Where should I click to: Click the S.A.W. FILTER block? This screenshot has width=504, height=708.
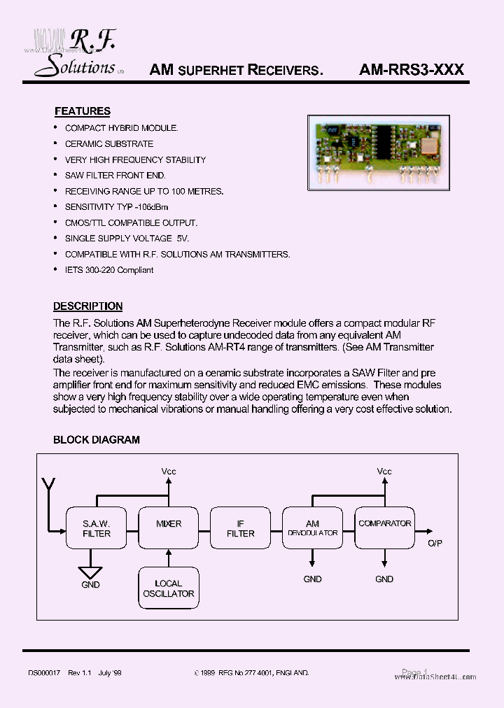click(97, 528)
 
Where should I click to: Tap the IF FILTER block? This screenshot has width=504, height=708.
click(240, 528)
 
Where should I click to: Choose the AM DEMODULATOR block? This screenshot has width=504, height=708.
click(312, 528)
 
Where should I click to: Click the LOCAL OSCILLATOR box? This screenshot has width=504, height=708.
click(169, 588)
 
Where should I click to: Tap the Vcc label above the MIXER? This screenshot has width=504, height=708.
click(169, 471)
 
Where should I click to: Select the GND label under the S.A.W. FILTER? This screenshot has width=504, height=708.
click(90, 585)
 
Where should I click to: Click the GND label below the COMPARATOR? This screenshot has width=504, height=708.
click(384, 579)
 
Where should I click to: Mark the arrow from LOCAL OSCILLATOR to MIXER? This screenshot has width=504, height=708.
click(169, 557)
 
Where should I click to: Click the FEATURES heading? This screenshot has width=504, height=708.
click(82, 111)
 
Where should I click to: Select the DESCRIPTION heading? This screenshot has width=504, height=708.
click(87, 306)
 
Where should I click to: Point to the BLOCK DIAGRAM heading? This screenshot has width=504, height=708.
click(97, 440)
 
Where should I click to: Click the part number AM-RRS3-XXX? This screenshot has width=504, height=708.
click(412, 70)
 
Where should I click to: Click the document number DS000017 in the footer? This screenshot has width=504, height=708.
click(45, 672)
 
